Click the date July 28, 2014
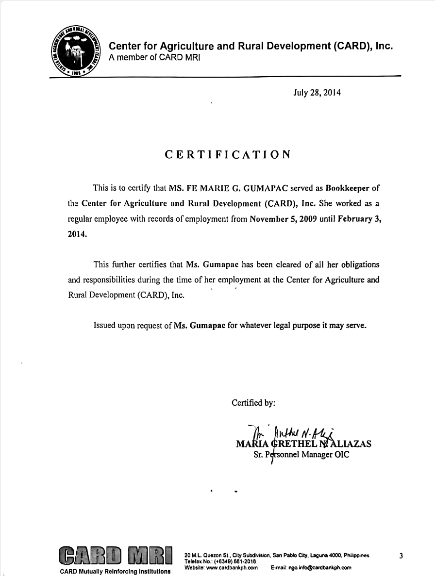317,92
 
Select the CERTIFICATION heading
228,155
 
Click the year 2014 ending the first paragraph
78,234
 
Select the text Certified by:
253,402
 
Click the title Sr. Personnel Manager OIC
301,455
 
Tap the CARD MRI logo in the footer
116,556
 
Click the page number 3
401,556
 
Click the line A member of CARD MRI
154,58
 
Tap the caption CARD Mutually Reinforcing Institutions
115,571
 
